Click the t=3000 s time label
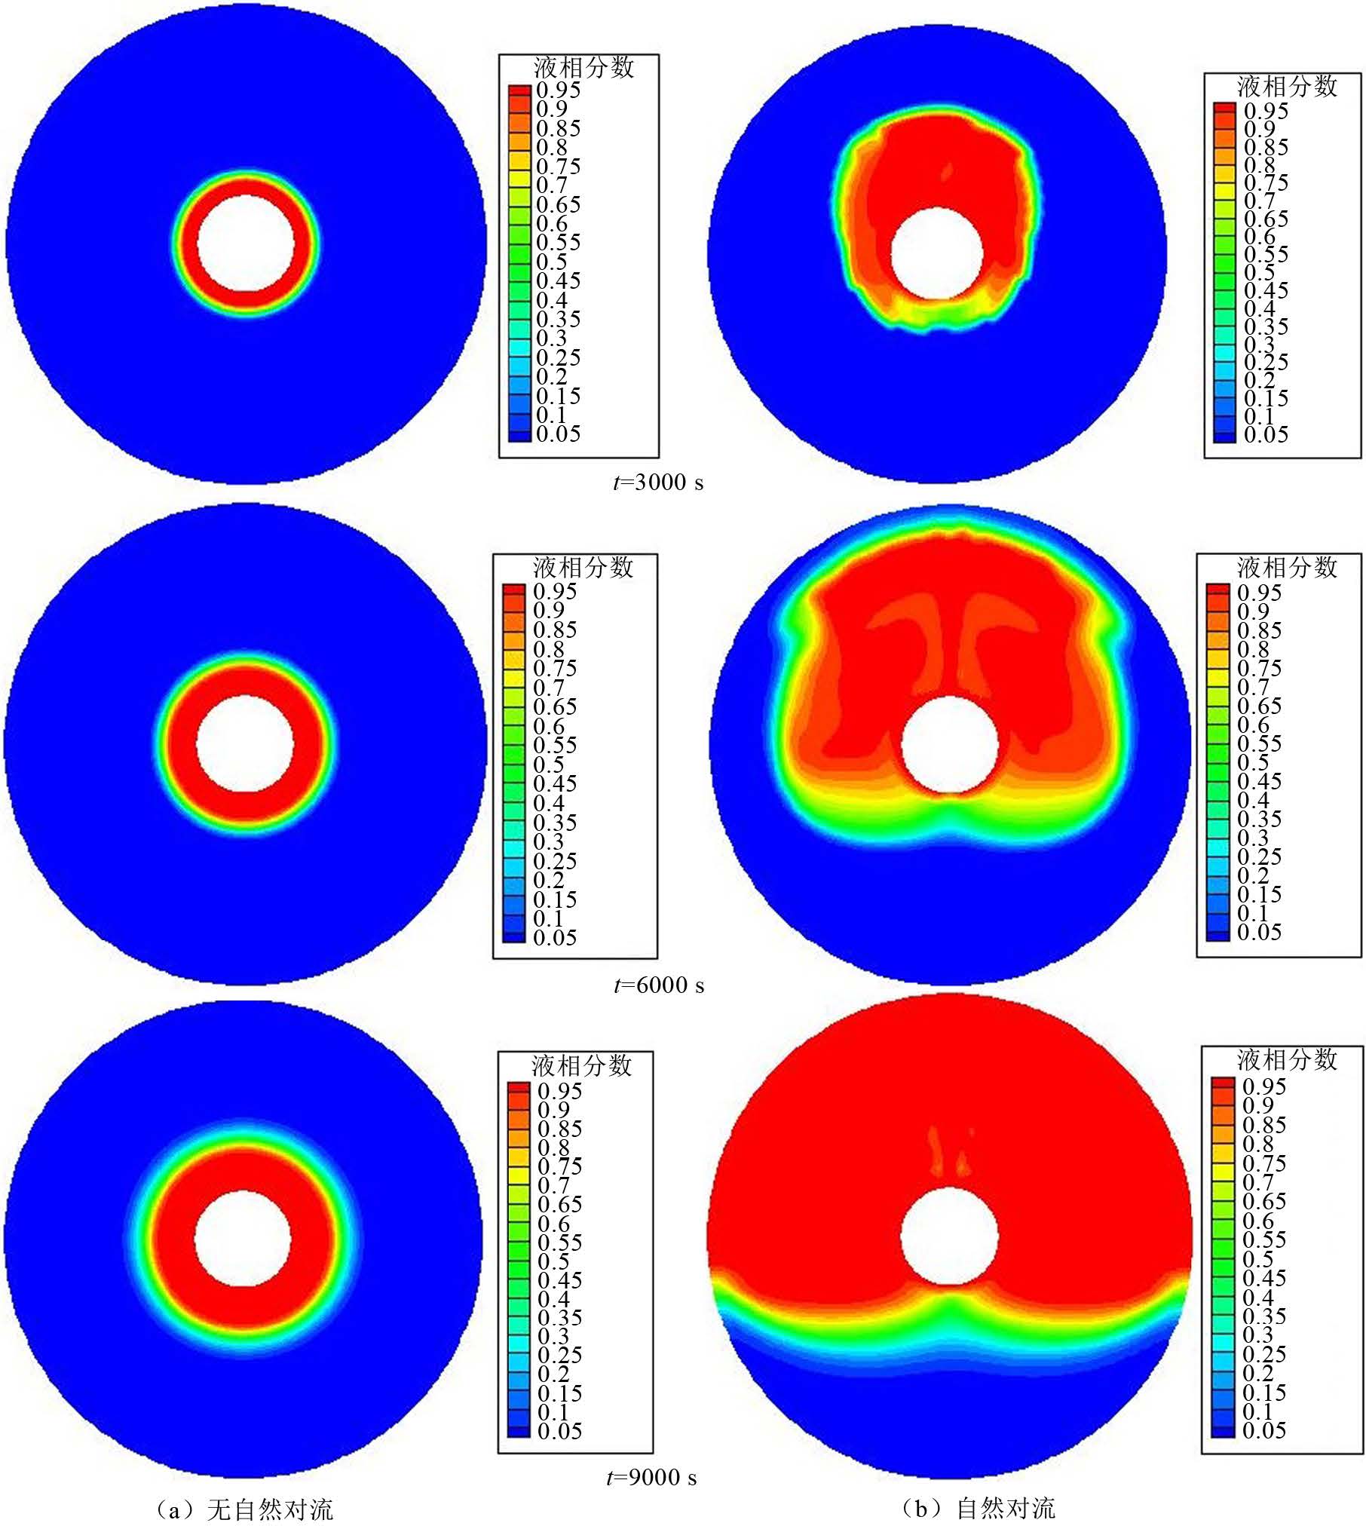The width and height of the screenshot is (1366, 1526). point(658,483)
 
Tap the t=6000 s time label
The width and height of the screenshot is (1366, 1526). point(659,985)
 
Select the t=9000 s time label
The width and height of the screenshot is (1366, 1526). point(652,1477)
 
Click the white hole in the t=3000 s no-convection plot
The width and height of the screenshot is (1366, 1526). point(246,243)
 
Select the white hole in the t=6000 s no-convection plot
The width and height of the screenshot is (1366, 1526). point(245,743)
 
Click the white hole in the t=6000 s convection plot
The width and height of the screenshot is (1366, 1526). point(950,745)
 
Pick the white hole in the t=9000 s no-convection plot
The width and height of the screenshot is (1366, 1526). point(243,1239)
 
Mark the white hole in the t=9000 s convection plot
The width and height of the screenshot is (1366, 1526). point(950,1236)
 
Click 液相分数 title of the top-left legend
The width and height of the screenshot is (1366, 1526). point(584,68)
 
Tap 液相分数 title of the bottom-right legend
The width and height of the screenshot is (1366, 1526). point(1287,1060)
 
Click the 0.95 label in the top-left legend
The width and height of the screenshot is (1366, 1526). point(559,90)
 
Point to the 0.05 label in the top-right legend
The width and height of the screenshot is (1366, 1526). point(1266,434)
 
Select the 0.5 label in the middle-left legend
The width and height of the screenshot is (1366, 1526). point(550,765)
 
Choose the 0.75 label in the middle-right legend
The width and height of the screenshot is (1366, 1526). point(1260,668)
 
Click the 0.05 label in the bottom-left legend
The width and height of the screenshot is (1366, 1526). point(559,1430)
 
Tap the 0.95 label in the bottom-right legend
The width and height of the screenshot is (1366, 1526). point(1264,1086)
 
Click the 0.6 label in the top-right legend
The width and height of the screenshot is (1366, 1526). point(1259,237)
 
